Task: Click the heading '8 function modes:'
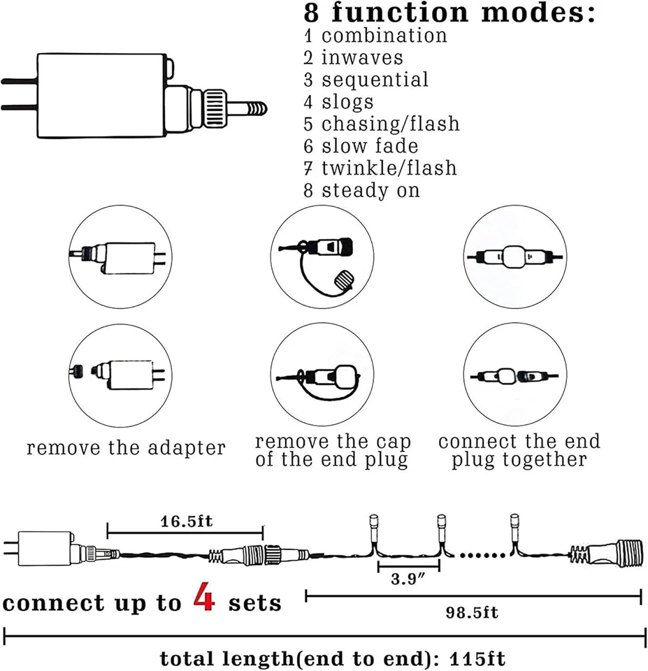click(x=449, y=13)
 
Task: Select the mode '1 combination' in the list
click(x=375, y=36)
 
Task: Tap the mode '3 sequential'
click(x=366, y=80)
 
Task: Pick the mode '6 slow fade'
click(x=361, y=146)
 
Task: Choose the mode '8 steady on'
click(x=362, y=190)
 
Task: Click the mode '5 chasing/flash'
click(x=382, y=124)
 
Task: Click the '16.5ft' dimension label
click(x=185, y=521)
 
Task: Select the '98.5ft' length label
click(x=473, y=613)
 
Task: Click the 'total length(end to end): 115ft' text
click(x=333, y=658)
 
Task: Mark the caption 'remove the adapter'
click(x=126, y=448)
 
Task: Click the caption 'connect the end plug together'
click(x=519, y=451)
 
